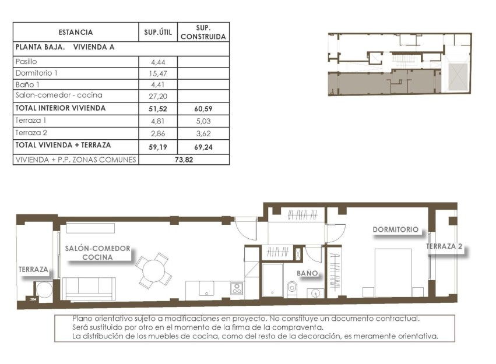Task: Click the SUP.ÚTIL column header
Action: (158, 33)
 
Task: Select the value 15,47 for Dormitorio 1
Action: (158, 73)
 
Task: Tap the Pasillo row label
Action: (26, 61)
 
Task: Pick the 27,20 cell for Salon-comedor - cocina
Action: (158, 95)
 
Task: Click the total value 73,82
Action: (184, 159)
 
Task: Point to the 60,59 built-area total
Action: (203, 108)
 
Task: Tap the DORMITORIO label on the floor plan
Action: (396, 229)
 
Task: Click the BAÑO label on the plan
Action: (307, 273)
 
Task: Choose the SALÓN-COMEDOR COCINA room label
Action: (97, 252)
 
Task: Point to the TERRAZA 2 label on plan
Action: (444, 247)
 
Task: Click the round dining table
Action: (154, 270)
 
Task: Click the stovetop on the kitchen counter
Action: (236, 288)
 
